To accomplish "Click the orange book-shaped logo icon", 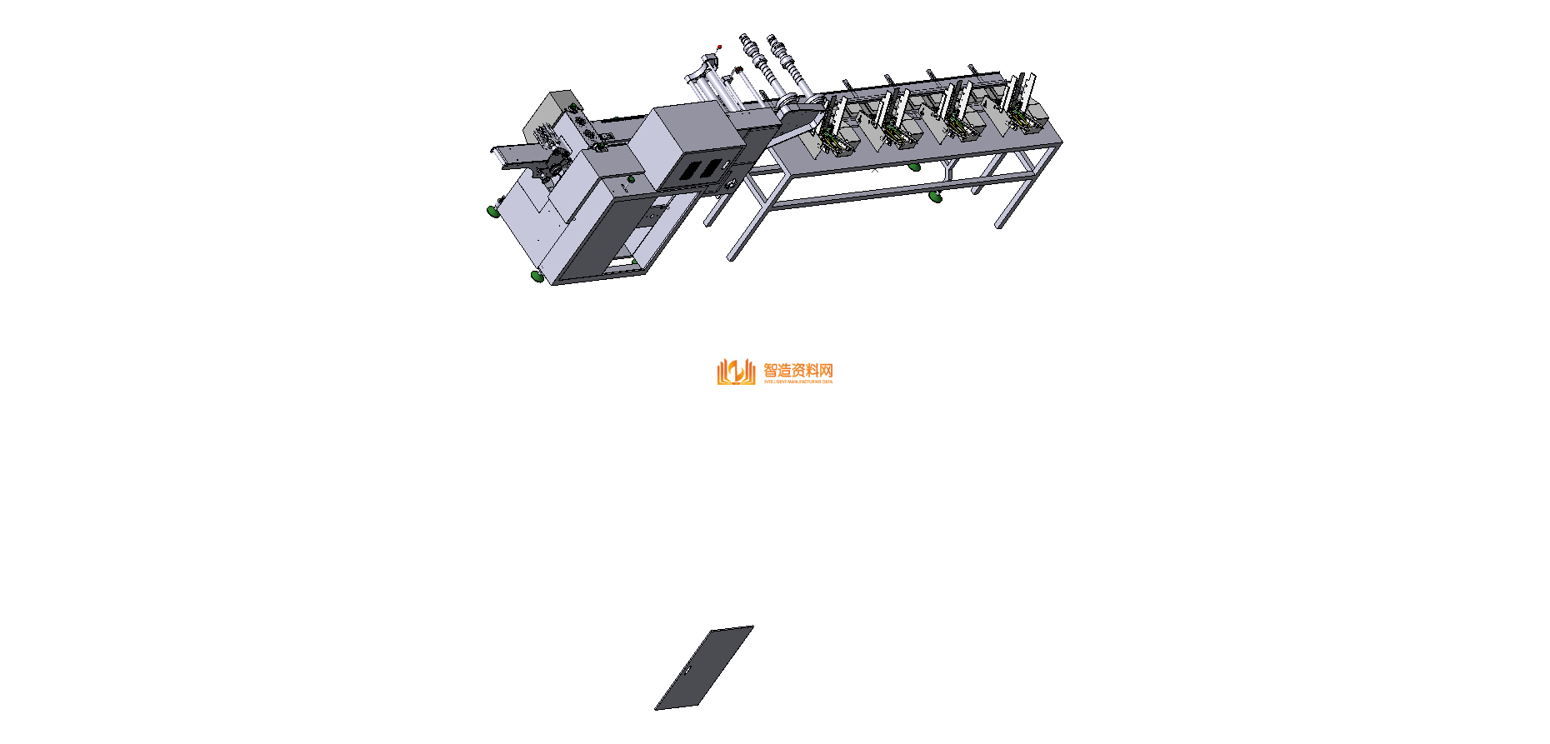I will point(735,372).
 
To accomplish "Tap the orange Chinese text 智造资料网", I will point(797,370).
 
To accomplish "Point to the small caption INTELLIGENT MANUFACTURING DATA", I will point(797,382).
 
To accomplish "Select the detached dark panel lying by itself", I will point(704,668).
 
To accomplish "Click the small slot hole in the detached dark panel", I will point(687,669).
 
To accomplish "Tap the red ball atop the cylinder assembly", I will point(719,47).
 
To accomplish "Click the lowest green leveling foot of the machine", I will point(537,276).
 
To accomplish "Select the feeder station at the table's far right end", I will point(1022,112).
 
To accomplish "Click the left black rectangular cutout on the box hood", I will point(691,172).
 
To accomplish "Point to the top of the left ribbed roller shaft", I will point(744,38).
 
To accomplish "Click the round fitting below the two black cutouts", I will point(731,184).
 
